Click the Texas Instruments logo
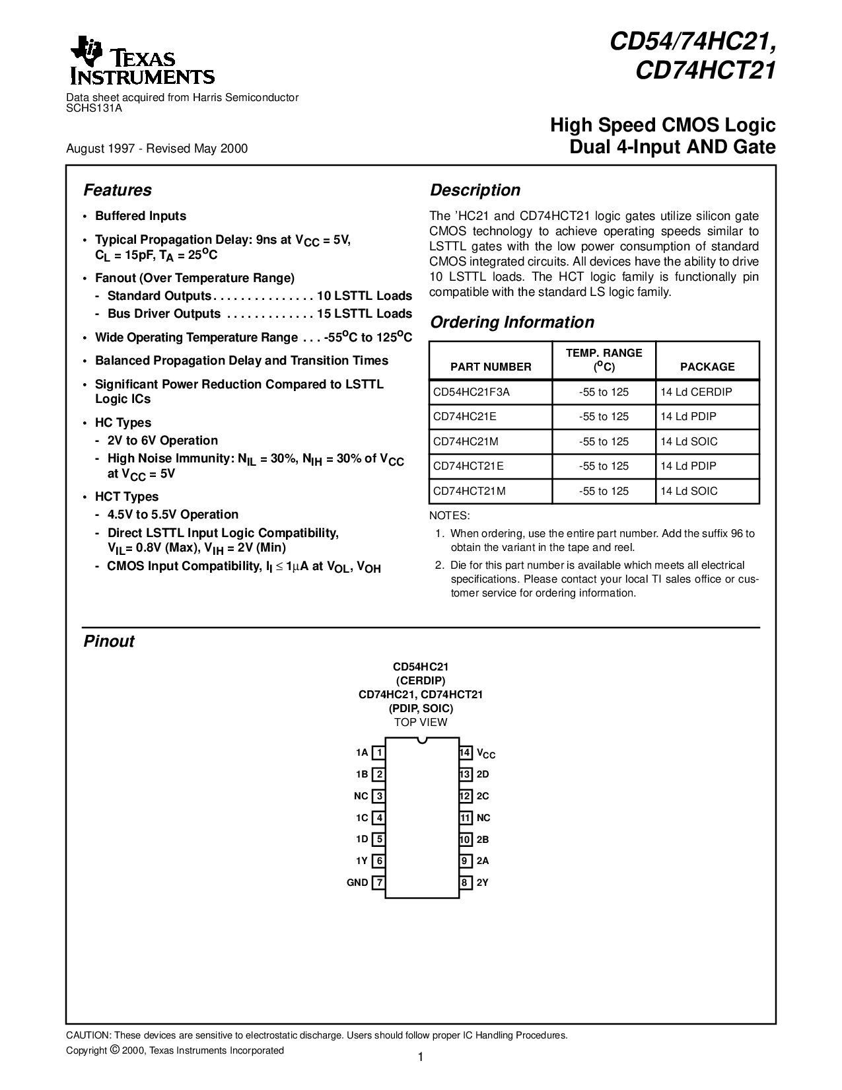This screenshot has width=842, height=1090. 141,65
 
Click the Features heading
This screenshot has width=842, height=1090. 118,190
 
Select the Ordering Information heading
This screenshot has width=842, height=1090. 512,322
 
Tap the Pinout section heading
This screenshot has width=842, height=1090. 109,641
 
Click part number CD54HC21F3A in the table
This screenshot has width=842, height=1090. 472,392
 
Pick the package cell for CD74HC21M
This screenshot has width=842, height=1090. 689,441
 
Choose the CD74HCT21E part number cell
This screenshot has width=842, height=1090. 468,466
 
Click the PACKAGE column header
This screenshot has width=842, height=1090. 707,367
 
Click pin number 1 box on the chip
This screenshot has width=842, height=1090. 379,752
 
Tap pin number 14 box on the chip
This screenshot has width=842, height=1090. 465,752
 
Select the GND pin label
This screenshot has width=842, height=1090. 357,883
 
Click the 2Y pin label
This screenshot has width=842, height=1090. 483,883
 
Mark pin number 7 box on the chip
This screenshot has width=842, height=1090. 379,883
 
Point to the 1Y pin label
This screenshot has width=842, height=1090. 361,861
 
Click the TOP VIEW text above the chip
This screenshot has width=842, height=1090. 421,722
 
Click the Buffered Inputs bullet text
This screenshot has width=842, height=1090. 141,216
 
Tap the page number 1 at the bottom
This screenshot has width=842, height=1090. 421,1057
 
